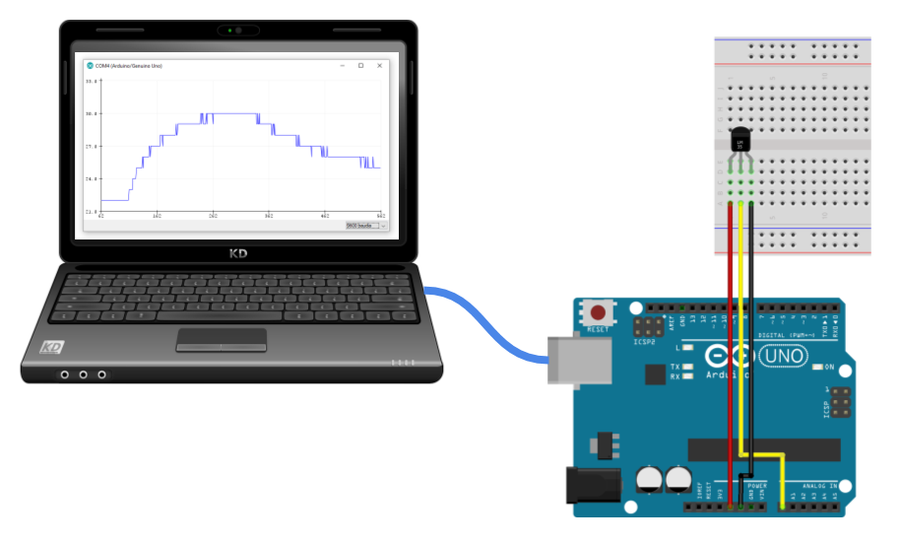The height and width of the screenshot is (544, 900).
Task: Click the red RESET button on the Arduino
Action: coord(598,312)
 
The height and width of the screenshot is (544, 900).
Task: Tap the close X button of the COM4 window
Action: coord(379,66)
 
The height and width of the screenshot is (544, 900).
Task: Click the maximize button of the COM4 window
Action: coord(360,66)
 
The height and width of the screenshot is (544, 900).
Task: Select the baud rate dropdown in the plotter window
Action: coord(366,226)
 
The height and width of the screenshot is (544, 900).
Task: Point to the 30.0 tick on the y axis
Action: coord(93,114)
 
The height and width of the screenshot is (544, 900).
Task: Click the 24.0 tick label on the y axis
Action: coord(93,179)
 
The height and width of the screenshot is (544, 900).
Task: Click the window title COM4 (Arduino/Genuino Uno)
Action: coord(129,66)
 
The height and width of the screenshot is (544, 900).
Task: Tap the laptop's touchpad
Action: coord(222,339)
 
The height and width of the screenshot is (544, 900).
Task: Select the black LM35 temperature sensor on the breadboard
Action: coord(740,144)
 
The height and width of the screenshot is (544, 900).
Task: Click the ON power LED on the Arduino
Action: coord(818,367)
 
